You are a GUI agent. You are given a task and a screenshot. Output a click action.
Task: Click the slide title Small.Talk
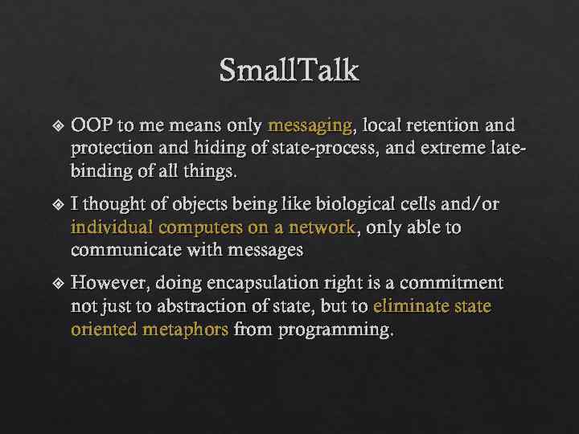pyautogui.click(x=289, y=71)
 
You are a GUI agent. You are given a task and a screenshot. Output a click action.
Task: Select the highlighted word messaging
pyautogui.click(x=310, y=126)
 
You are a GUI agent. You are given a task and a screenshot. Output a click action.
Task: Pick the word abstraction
pyautogui.click(x=195, y=306)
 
